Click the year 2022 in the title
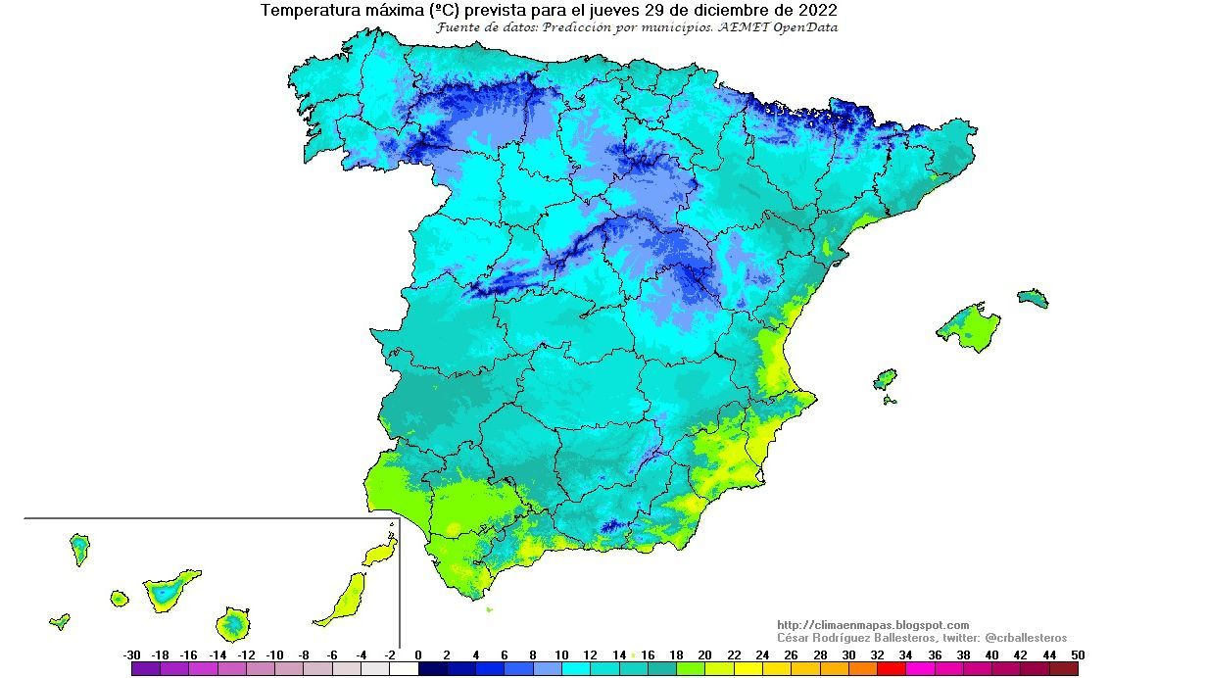[x=818, y=11]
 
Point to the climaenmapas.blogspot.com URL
[x=872, y=625]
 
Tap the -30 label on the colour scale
[x=132, y=655]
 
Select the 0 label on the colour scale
[x=418, y=655]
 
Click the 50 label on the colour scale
[x=1078, y=655]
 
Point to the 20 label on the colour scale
[x=705, y=655]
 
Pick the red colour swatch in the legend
[x=892, y=669]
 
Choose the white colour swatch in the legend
[x=404, y=669]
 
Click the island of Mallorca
[x=970, y=325]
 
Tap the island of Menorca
[x=1033, y=298]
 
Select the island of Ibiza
[x=885, y=379]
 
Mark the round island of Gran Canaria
[x=233, y=622]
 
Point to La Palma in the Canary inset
[x=79, y=548]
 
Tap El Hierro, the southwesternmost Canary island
[x=60, y=621]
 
